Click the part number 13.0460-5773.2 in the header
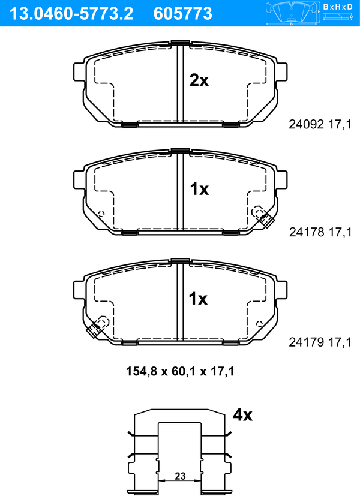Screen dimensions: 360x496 coord(71,14)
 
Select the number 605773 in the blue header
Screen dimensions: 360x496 coord(182,14)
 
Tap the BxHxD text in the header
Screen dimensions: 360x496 coord(338,7)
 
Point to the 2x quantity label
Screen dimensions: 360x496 coord(199,80)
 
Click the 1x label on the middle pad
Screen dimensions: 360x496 coord(199,189)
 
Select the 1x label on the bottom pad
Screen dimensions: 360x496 coord(198,299)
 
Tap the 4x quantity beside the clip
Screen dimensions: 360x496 coord(242,414)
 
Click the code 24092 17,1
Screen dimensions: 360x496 coord(320,124)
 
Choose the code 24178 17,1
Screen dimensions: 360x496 coord(320,232)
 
